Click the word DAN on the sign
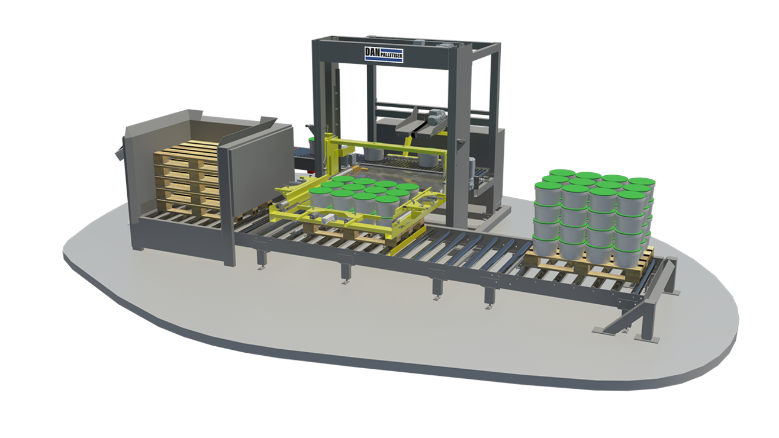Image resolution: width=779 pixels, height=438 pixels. pyautogui.click(x=372, y=53)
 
